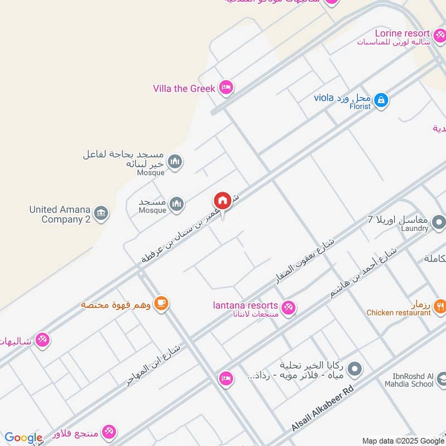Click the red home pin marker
pos(222,201)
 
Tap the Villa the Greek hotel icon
pos(226,87)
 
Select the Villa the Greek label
pos(183,88)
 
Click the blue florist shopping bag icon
pos(381,100)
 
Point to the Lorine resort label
pos(402,33)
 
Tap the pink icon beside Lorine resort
pos(439,33)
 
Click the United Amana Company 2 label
pos(60,214)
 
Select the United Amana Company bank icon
pos(101,214)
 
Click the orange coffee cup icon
pos(161,303)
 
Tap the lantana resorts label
pos(245,306)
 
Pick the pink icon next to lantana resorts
pos(288,307)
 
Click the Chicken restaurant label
pos(399,313)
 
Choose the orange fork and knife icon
pos(440,305)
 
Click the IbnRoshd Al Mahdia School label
pos(409,380)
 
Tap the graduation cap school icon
pos(441,380)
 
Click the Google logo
pos(23,438)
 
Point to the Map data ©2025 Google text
pos(403,440)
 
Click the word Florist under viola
pos(360,106)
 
